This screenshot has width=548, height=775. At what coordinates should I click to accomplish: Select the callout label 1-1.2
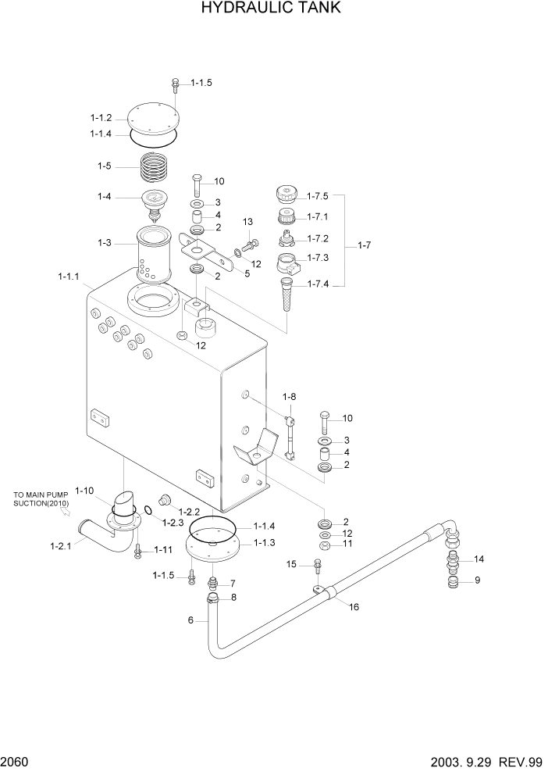[101, 118]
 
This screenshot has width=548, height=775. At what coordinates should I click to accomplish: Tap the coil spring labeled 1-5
[155, 168]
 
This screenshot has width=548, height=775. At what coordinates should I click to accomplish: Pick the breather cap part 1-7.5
[286, 193]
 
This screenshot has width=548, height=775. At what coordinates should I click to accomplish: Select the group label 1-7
[364, 246]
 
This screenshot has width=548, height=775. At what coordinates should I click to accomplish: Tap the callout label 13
[247, 223]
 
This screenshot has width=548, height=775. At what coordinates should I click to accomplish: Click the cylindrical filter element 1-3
[153, 254]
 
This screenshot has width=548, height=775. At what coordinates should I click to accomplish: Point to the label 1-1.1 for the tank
[69, 277]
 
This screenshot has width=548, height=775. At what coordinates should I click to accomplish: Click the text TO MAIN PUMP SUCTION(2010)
[41, 499]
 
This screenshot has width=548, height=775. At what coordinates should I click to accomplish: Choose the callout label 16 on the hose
[353, 606]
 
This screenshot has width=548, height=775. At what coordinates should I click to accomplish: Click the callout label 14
[479, 559]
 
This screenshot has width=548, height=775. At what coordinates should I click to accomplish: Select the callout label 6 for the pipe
[190, 620]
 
